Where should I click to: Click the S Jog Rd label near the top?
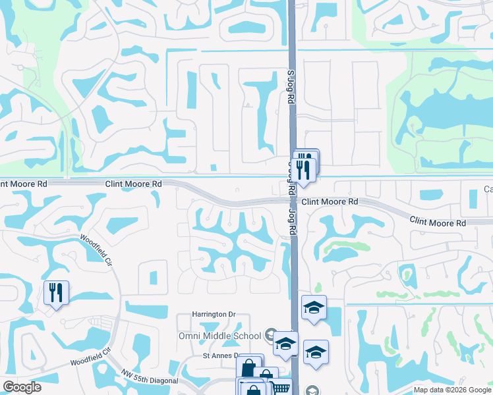289,88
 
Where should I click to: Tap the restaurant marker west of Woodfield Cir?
55,292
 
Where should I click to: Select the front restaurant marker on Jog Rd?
302,169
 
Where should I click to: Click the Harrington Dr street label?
214,315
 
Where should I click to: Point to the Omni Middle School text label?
220,336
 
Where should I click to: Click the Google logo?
22,387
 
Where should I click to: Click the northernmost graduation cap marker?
314,307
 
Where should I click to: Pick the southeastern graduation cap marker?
316,352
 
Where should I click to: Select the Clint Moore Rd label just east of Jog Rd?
330,201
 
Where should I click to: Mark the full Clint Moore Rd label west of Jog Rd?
133,184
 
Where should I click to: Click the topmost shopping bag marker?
248,367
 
